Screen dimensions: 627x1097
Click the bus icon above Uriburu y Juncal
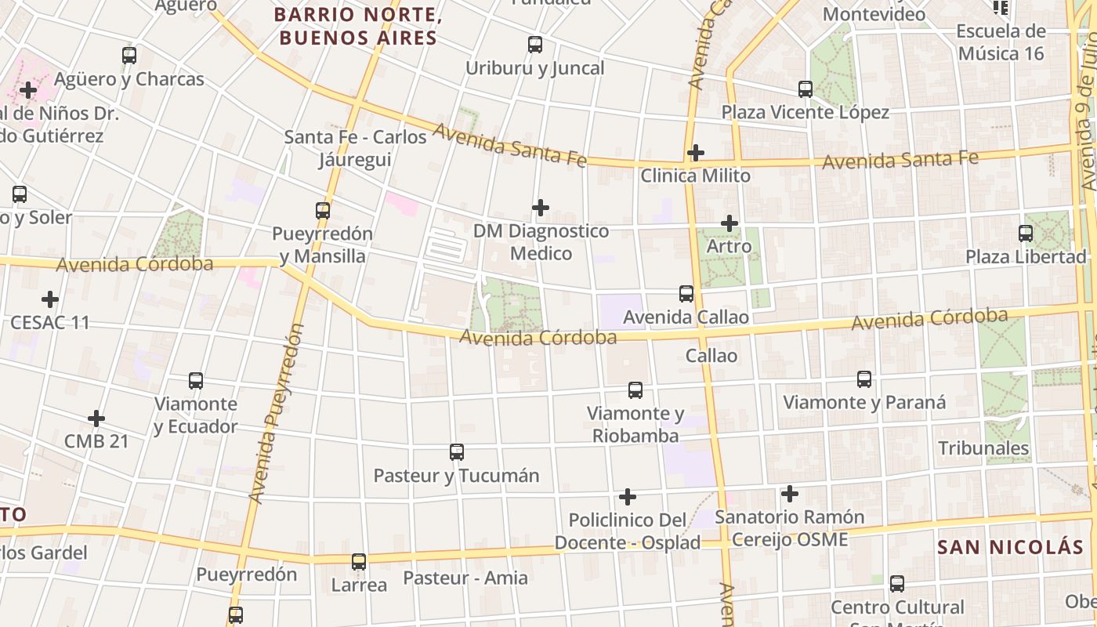click(535, 45)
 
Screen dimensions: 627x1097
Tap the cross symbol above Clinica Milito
click(695, 152)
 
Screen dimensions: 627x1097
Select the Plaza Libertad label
click(1026, 256)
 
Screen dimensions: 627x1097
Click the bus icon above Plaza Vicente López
click(806, 89)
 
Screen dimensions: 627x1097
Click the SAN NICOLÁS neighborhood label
click(1010, 547)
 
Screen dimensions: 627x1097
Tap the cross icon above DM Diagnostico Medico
click(540, 208)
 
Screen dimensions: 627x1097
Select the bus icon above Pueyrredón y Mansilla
click(323, 210)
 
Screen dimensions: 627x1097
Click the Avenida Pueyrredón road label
click(275, 413)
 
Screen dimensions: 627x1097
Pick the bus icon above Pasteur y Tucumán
click(457, 452)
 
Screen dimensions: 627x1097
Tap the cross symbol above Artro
click(730, 223)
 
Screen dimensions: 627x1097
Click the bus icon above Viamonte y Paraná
click(864, 379)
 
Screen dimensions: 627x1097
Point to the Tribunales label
click(983, 448)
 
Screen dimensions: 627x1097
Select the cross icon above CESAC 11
click(50, 299)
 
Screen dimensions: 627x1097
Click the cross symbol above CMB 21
click(96, 419)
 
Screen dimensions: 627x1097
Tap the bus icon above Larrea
click(359, 562)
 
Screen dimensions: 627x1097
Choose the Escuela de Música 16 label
click(1001, 42)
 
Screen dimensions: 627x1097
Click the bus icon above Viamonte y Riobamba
click(635, 390)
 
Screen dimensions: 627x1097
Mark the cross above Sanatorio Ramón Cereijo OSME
click(790, 494)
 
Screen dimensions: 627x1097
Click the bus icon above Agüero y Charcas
click(129, 56)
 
